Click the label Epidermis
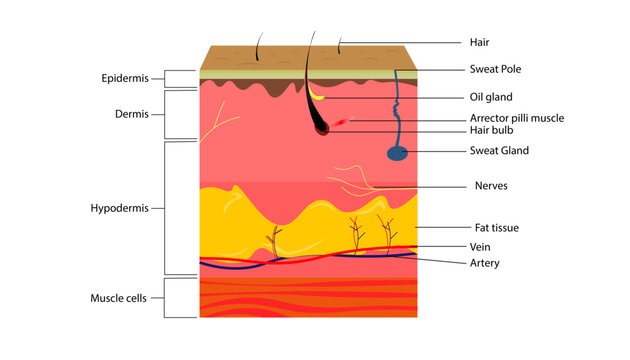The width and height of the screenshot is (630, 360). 126,78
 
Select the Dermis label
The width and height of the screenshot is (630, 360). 131,114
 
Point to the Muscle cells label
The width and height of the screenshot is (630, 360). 119,298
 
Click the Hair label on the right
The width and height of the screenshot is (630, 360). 479,42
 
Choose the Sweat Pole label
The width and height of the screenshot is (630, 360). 495,69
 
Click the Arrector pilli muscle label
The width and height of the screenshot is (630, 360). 516,118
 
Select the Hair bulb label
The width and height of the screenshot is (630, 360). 492,130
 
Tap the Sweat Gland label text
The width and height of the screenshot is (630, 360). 499,151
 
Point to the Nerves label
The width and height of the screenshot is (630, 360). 491,186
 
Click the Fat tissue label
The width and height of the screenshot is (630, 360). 496,228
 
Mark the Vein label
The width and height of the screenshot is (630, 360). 479,246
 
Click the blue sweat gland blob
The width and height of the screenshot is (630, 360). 398,153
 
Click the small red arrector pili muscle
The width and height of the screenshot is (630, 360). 342,122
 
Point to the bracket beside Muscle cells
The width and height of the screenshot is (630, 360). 166,298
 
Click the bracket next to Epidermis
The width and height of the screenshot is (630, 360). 166,79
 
